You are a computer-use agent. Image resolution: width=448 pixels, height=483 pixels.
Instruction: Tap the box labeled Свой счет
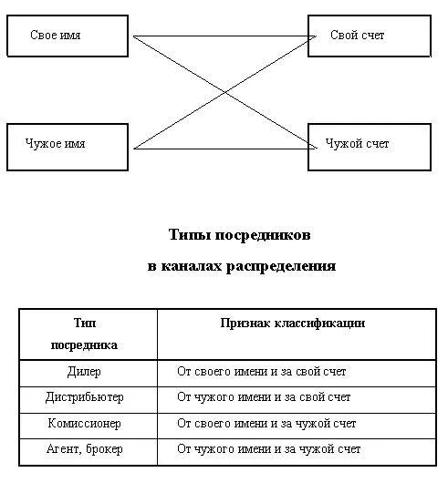click(368, 36)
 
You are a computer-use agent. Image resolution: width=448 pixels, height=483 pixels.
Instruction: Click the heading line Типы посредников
click(240, 234)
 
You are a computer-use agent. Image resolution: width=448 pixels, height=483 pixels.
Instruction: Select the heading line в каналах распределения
click(241, 267)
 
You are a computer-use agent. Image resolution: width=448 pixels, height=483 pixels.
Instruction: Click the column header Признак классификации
click(293, 324)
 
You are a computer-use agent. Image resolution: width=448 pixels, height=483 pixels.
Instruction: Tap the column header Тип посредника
click(84, 334)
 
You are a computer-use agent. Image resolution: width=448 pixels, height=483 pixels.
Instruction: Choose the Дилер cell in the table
click(84, 372)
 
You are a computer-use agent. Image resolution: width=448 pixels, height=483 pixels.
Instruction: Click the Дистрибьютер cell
click(84, 397)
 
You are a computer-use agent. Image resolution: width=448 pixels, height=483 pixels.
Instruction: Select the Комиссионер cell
click(84, 424)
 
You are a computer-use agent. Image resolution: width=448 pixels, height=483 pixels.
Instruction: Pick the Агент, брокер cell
click(84, 449)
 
